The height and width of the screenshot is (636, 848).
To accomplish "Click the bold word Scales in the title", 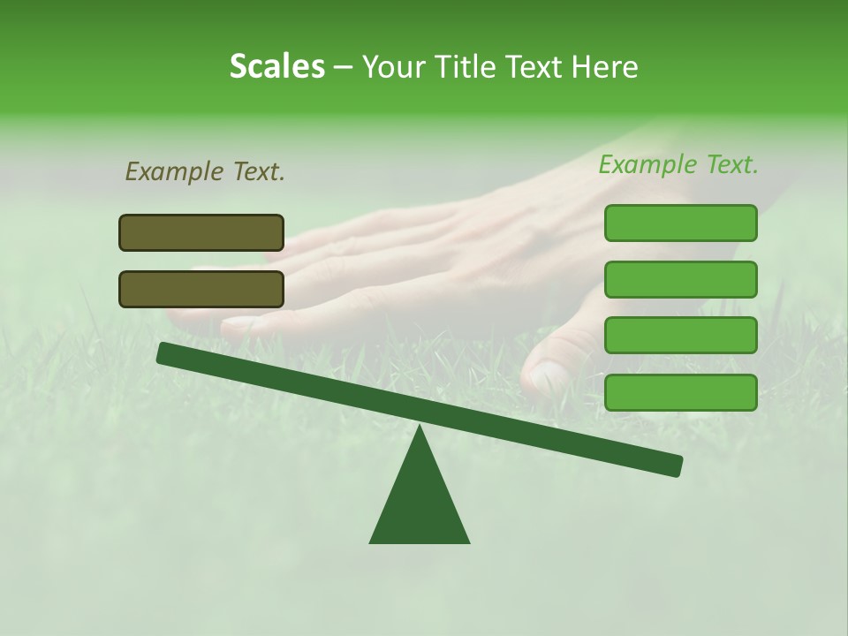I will (276, 66).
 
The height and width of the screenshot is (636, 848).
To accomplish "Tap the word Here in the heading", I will (604, 66).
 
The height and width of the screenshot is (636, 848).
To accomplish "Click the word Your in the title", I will (393, 66).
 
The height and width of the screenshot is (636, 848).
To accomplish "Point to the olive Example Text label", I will (205, 171).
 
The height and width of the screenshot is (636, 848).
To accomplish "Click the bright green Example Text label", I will (678, 164).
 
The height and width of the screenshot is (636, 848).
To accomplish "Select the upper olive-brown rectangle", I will (201, 232).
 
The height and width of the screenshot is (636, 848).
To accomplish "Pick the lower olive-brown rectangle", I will (201, 289).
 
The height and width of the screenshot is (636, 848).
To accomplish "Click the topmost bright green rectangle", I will (681, 223).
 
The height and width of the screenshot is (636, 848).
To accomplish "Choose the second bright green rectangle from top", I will (681, 279).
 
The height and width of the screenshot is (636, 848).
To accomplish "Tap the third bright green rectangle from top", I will (681, 335).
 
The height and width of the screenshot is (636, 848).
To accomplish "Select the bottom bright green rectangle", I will (681, 392).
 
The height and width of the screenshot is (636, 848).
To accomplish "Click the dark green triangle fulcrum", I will (420, 503).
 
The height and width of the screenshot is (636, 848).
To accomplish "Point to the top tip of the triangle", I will (420, 428).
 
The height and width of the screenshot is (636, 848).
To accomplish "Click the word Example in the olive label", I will (175, 171).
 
